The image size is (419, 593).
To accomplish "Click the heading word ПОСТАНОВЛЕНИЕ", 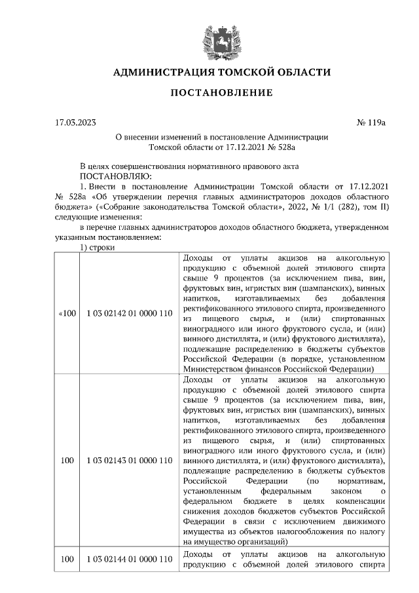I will pos(221,93).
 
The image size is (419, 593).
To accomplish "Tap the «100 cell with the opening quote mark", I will pos(67,314).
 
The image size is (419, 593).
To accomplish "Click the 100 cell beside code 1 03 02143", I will pos(67,461).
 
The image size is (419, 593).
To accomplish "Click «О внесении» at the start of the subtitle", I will pos(139,137).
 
